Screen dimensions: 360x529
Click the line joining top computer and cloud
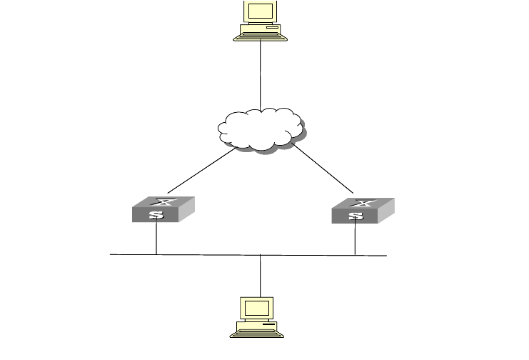point(261,75)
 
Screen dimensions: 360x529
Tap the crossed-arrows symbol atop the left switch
point(166,202)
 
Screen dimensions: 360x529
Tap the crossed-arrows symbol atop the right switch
point(365,202)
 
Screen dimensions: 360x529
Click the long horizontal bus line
point(214,254)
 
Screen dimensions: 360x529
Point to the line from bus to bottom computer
point(261,275)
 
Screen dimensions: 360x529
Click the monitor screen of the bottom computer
point(258,308)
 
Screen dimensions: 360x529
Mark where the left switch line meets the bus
point(156,254)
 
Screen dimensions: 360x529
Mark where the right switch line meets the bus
point(355,255)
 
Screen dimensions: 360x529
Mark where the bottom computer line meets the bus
point(261,255)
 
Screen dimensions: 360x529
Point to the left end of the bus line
point(111,254)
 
